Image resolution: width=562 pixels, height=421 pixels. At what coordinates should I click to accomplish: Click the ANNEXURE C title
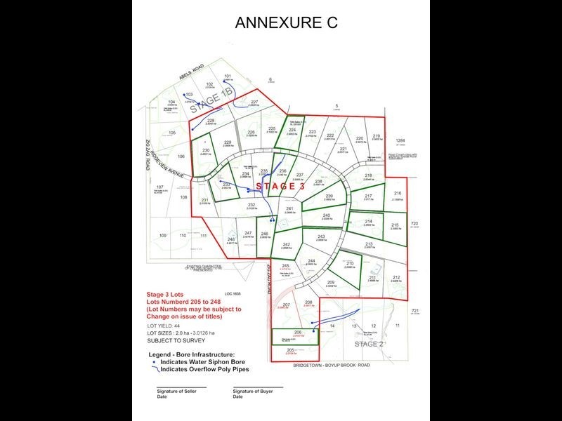(x=286, y=22)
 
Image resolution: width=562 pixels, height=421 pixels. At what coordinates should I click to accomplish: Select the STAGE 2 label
(x=369, y=344)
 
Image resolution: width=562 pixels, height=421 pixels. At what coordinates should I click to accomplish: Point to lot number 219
(x=376, y=135)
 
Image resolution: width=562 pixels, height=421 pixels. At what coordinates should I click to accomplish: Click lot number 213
(x=369, y=244)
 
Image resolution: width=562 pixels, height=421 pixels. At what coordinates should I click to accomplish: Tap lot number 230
(x=206, y=151)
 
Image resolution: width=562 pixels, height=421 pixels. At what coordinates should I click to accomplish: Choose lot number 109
(x=163, y=235)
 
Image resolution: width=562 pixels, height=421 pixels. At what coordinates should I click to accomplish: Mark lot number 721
(x=414, y=311)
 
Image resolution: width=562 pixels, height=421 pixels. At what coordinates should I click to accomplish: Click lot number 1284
(x=400, y=140)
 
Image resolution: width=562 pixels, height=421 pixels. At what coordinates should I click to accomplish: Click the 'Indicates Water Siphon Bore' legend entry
(x=204, y=362)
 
